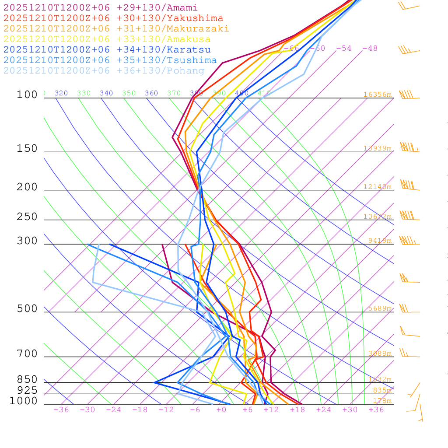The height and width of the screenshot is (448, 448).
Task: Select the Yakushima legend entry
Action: coord(113,18)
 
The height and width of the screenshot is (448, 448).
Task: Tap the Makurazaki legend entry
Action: coord(116,29)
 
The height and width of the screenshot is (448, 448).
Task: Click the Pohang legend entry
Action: coord(104,71)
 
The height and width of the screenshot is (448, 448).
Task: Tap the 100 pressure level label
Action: coord(27,95)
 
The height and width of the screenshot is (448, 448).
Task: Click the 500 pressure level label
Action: coord(27,309)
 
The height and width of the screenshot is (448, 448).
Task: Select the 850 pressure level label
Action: coord(27,380)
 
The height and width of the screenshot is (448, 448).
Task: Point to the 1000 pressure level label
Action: coord(23,401)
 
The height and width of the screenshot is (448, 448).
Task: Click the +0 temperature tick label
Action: coord(221,410)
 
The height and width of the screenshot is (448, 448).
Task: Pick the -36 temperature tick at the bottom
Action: coord(61,410)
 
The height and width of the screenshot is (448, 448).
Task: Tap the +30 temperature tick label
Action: coord(350,410)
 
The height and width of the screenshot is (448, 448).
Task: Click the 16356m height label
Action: coord(377,94)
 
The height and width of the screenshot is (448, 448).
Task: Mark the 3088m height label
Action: coord(379,353)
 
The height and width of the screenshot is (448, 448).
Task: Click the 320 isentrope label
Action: coord(61,93)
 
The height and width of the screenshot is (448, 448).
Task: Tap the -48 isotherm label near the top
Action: coord(370,49)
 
